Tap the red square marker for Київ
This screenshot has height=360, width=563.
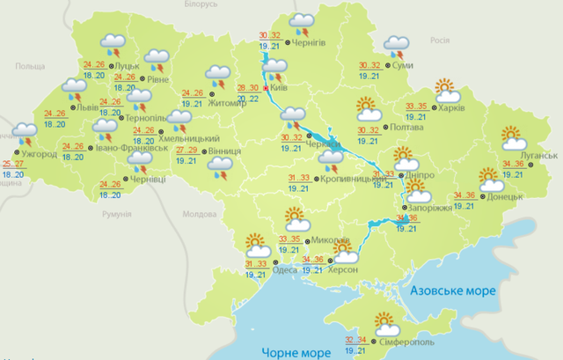click(x=254, y=89)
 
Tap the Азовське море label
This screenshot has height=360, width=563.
click(x=449, y=290)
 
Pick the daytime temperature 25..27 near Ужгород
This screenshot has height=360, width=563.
click(x=13, y=165)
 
